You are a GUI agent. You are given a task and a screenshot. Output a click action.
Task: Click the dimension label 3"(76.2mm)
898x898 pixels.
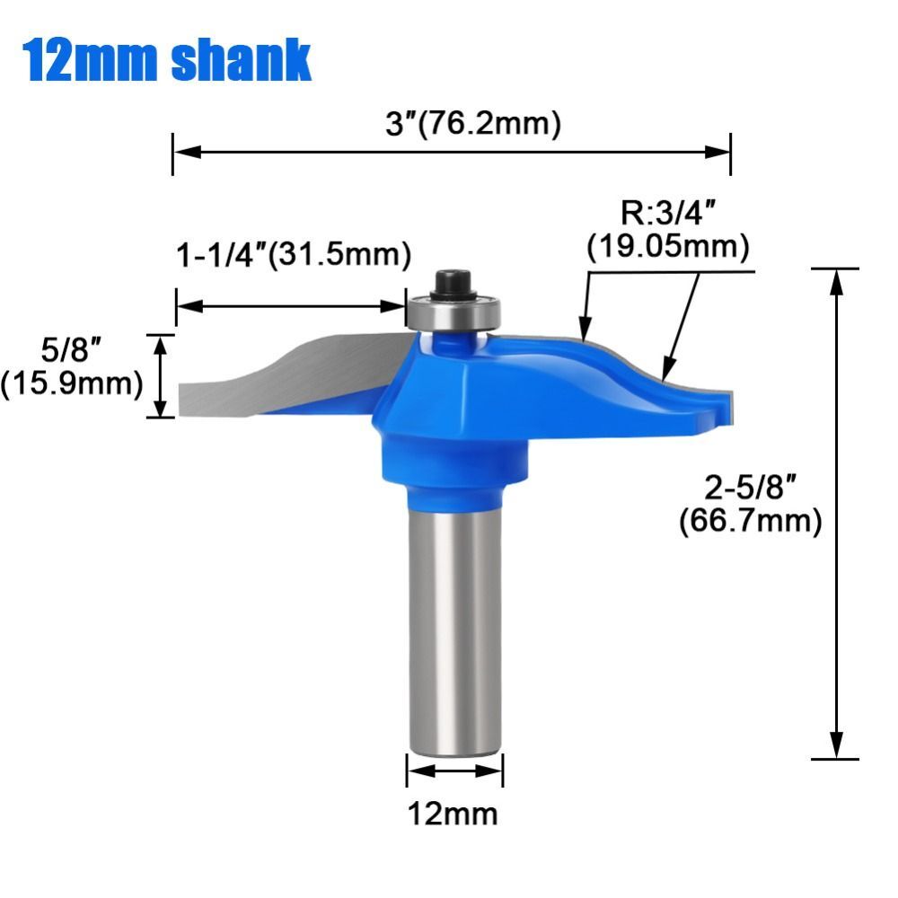point(473,123)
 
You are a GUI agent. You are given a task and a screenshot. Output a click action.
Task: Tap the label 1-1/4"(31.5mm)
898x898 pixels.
point(292,255)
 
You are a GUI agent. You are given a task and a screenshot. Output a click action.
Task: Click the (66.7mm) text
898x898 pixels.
point(750,521)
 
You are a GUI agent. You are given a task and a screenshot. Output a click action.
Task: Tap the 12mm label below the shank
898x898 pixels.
point(453,814)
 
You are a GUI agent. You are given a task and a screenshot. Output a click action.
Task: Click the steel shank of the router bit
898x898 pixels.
point(453,629)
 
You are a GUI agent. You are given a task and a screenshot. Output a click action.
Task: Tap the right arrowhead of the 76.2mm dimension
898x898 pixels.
point(718,151)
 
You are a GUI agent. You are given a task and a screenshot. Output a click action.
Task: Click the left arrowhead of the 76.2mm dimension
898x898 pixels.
point(185,151)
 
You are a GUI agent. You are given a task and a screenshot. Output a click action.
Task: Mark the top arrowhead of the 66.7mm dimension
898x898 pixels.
point(837,282)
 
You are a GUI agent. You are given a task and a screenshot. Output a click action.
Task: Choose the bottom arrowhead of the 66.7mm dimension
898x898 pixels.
point(837,745)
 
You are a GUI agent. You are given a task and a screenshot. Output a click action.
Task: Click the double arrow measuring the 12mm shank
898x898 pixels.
point(454,770)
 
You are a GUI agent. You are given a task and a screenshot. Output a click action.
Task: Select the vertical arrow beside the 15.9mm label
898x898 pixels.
point(161,375)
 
